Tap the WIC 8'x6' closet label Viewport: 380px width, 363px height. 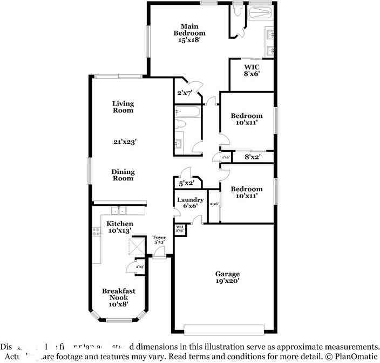tap(252, 71)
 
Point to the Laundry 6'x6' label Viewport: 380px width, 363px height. tap(190, 203)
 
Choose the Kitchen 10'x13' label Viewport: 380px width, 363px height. tap(119, 227)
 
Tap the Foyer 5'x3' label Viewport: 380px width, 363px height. tap(159, 240)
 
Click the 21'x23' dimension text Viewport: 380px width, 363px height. tap(125, 142)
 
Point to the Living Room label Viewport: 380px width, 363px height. tap(123, 107)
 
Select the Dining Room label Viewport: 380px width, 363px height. tap(123, 175)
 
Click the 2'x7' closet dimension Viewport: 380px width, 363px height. tap(185, 93)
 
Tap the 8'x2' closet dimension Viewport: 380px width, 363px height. tap(253, 157)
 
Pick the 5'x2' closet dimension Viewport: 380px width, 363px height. tap(186, 184)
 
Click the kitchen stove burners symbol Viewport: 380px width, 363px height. tap(97, 232)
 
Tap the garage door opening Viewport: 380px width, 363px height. tap(224, 329)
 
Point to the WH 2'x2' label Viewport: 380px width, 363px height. tap(180, 229)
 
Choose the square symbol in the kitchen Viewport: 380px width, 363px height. tap(137, 247)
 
